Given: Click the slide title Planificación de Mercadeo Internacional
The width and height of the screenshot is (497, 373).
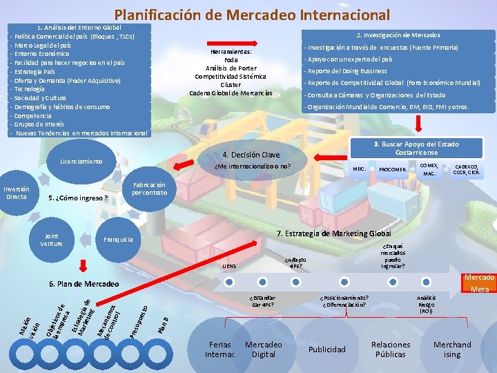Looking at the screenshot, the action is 252,14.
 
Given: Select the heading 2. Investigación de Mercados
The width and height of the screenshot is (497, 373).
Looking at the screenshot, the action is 398,35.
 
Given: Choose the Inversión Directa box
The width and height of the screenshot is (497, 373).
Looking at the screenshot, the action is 17,193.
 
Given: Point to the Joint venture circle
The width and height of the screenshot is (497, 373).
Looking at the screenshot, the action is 51,240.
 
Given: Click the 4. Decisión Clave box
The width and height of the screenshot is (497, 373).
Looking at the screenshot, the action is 251,155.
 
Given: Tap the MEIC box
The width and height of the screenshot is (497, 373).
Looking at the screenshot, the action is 359,169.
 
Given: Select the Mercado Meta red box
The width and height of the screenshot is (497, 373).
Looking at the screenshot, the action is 479,283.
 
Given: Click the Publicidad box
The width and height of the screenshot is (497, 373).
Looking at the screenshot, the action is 327,350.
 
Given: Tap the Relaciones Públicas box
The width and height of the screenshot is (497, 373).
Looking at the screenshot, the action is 391,350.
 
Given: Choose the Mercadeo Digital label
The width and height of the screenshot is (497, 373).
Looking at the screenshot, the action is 264,350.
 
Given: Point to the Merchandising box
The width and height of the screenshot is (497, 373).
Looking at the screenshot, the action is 452,350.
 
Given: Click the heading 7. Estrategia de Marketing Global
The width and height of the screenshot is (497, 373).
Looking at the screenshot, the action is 333,233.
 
